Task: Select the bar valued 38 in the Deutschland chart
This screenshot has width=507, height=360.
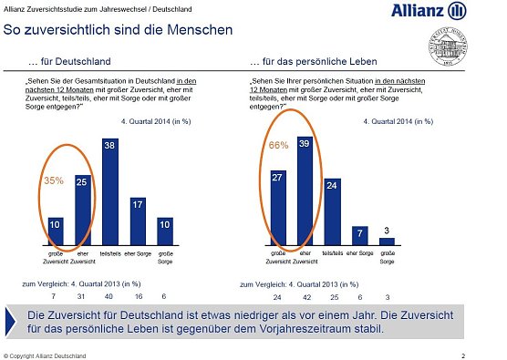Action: [x=110, y=186]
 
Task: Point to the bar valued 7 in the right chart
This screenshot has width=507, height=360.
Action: [x=360, y=232]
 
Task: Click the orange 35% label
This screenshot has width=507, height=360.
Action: [x=54, y=180]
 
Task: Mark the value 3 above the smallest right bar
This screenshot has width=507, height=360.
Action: [x=387, y=230]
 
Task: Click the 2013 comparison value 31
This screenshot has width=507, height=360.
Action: [x=82, y=296]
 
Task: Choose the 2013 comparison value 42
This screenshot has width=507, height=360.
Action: [x=305, y=297]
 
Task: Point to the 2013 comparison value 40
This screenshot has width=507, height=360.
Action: [x=110, y=296]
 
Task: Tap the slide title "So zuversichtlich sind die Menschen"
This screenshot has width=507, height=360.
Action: [x=118, y=30]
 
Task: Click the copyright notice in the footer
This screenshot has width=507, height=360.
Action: [x=46, y=354]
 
